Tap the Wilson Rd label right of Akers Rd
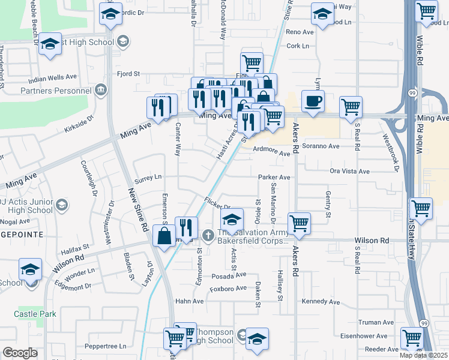(372, 240)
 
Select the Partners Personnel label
(53, 91)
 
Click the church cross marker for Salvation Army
(208, 235)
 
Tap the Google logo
(20, 353)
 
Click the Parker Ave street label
(274, 178)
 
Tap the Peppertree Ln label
(106, 346)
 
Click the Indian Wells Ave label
(53, 77)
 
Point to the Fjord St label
(128, 74)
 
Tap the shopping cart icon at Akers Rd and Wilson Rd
(299, 223)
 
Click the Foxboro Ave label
(228, 289)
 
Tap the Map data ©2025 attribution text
(424, 355)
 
